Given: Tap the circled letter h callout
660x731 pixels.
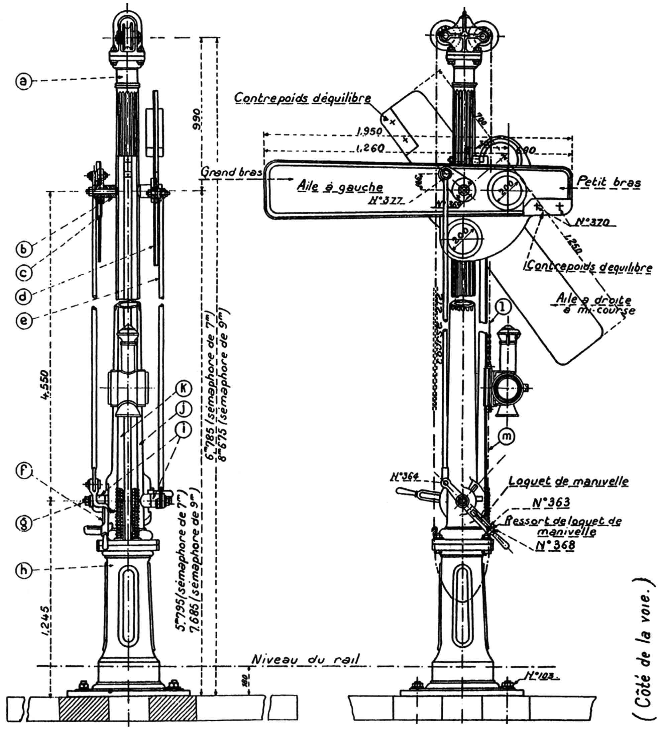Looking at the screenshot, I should [23, 570].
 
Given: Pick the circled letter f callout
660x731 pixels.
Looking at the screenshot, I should [23, 470].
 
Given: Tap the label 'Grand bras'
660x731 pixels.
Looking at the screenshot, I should [231, 172].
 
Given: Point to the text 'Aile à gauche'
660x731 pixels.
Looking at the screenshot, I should [340, 186].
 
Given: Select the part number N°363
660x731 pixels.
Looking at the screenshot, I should [551, 502].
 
